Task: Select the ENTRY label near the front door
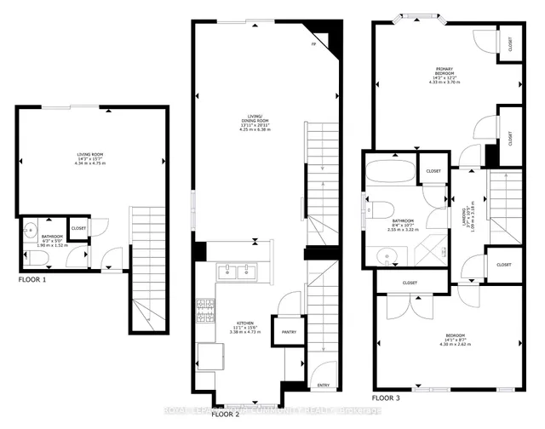[324, 385]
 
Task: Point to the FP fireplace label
[313, 43]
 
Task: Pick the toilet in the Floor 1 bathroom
[28, 229]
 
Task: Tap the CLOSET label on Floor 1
[78, 228]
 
